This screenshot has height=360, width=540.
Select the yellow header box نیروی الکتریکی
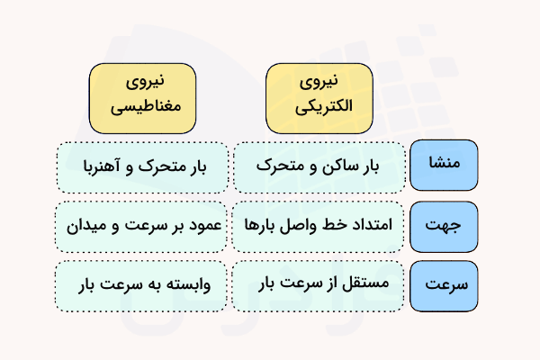point(318,94)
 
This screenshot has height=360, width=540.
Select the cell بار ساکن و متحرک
point(318,166)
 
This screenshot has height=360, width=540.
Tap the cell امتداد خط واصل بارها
point(318,227)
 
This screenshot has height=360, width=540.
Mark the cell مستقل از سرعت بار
point(318,287)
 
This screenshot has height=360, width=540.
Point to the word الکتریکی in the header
point(318,106)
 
